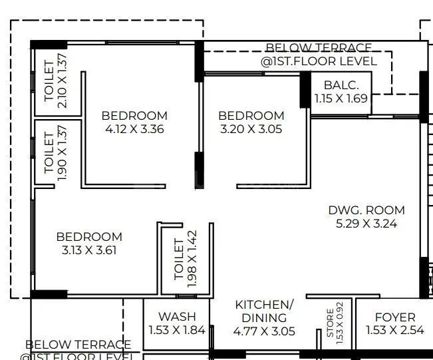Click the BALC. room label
pyautogui.click(x=341, y=85)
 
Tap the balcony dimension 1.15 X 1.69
pyautogui.click(x=341, y=99)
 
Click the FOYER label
pyautogui.click(x=395, y=317)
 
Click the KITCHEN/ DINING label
pyautogui.click(x=264, y=311)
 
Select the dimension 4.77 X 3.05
pyautogui.click(x=264, y=331)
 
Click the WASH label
pyautogui.click(x=177, y=316)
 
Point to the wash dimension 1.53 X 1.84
pyautogui.click(x=177, y=331)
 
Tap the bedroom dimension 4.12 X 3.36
pyautogui.click(x=134, y=129)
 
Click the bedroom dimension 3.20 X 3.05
pyautogui.click(x=251, y=129)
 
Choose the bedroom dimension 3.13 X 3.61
pyautogui.click(x=89, y=250)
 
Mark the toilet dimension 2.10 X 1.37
pyautogui.click(x=63, y=80)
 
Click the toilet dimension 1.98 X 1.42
pyautogui.click(x=192, y=260)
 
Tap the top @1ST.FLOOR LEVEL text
pyautogui.click(x=319, y=61)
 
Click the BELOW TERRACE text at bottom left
pyautogui.click(x=78, y=345)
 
